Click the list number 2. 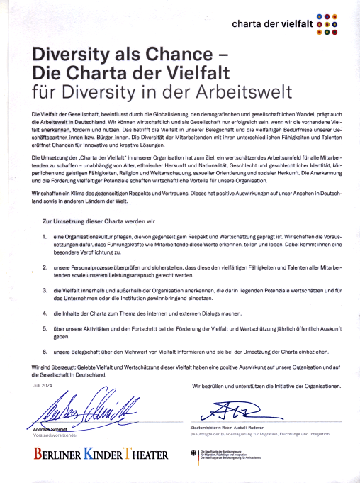coord(45,269)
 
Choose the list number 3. coord(45,289)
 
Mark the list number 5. coord(45,328)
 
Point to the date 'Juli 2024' coord(43,384)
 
